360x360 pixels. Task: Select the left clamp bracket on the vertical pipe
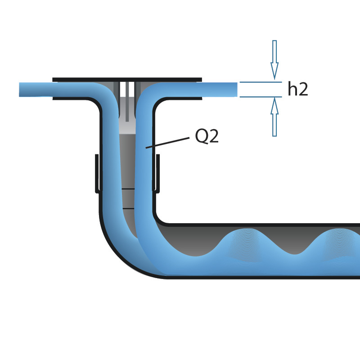point(97,173)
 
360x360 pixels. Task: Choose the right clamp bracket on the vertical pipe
point(157,173)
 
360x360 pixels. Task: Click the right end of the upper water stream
point(235,90)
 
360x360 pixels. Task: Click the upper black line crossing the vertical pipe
point(128,189)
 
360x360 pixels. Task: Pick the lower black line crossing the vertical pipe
point(128,208)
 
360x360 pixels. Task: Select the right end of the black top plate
point(200,80)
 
